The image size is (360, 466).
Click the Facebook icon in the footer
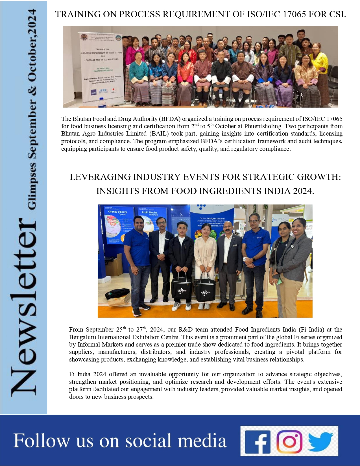click(258, 442)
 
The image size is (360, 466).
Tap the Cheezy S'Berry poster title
click(117, 212)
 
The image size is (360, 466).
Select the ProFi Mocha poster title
click(149, 213)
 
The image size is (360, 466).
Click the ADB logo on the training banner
click(93, 92)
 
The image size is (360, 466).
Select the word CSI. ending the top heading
click(337, 14)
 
